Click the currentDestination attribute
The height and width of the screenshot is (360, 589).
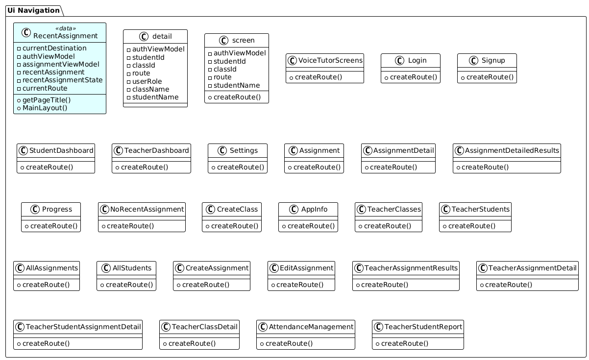[54, 48]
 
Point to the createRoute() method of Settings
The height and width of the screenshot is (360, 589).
[241, 167]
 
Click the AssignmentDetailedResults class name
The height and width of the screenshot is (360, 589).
[512, 151]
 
